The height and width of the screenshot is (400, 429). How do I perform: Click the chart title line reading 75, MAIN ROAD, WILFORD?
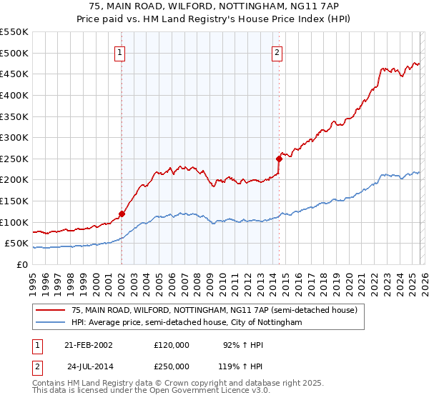pos(214,6)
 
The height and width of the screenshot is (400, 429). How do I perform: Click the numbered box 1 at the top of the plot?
pos(121,52)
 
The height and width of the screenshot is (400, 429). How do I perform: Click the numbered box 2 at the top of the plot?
pos(277,52)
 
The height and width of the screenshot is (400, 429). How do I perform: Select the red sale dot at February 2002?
pos(122,214)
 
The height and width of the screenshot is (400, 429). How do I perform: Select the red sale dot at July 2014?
pos(279,159)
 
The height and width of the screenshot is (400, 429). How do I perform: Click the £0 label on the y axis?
pos(21,264)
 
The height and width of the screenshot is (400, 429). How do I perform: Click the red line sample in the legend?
pos(51,310)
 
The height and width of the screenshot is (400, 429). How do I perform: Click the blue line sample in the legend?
pos(51,323)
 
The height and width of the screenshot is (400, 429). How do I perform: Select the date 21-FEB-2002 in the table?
pos(89,344)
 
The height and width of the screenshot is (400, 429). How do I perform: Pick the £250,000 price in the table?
pos(172,366)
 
